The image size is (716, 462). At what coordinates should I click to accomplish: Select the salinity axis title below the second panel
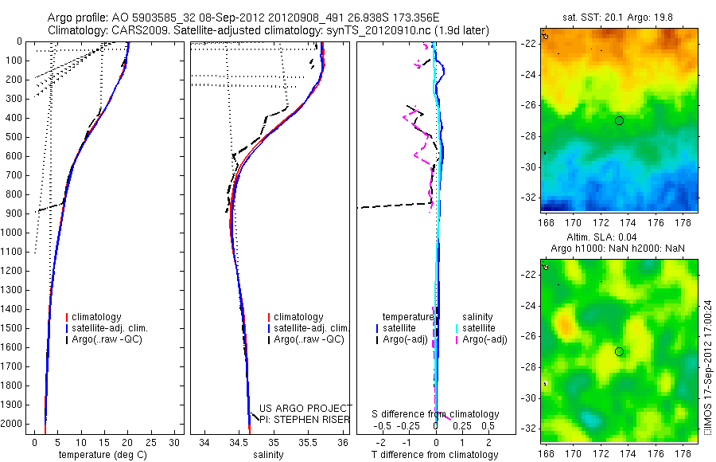[x=267, y=455]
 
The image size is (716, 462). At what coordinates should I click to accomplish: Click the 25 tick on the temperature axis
[x=151, y=443]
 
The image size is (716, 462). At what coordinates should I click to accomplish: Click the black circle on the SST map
[x=619, y=120]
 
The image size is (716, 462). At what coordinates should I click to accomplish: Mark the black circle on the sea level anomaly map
[x=619, y=351]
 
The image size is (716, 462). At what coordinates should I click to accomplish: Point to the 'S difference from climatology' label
[x=436, y=414]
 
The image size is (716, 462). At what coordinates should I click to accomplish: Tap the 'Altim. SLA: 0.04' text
[x=619, y=238]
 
